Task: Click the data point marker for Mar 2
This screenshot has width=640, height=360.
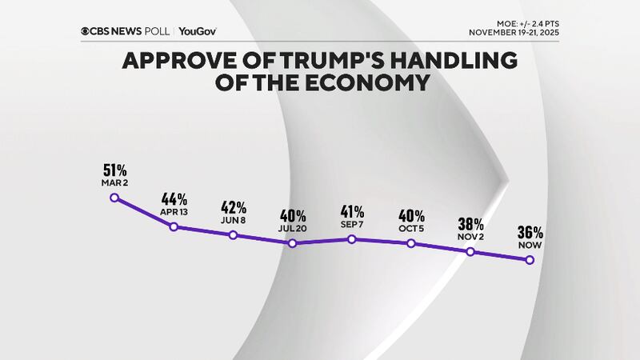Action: tap(114, 198)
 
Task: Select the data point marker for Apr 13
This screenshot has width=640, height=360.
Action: tap(174, 226)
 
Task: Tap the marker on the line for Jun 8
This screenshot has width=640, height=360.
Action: tap(233, 234)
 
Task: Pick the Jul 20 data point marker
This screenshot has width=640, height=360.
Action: tap(293, 242)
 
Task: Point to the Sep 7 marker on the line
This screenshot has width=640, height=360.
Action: tap(352, 238)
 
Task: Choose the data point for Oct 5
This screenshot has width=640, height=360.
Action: tap(411, 242)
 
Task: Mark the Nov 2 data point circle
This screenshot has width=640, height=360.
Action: tap(470, 251)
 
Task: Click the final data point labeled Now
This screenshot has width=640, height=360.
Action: tap(530, 259)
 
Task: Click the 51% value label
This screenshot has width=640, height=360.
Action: tap(114, 170)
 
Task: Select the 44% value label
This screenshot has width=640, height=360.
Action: tap(174, 198)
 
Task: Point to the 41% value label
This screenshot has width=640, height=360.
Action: tap(352, 211)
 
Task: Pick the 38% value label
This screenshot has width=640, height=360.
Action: tap(470, 223)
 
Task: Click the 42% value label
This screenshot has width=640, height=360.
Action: tap(233, 206)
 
